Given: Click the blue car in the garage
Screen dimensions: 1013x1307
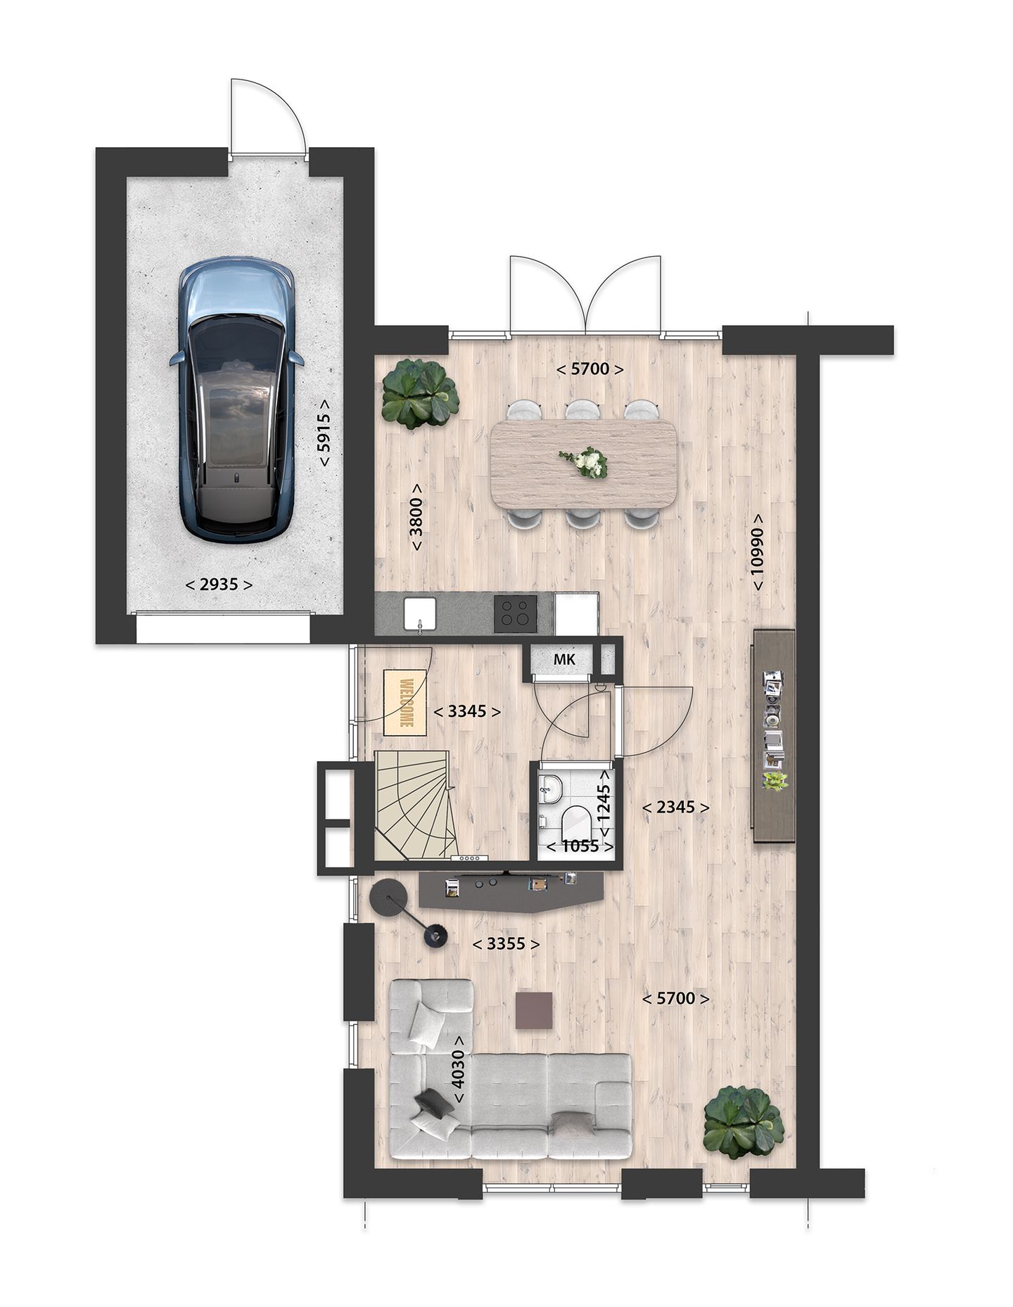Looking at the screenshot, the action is pyautogui.click(x=236, y=399).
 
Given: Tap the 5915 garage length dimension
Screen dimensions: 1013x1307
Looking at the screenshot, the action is pyautogui.click(x=324, y=432).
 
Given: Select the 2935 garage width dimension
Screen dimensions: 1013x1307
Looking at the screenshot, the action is pyautogui.click(x=219, y=585).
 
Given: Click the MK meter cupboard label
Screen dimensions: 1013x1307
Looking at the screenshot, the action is pyautogui.click(x=564, y=659).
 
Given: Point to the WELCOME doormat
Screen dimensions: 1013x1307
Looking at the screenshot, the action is pyautogui.click(x=406, y=702).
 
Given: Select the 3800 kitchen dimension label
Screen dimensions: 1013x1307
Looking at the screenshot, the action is pyautogui.click(x=416, y=517).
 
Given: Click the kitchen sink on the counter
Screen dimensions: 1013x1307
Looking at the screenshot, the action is pyautogui.click(x=421, y=613).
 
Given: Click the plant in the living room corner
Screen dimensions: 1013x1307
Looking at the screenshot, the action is pyautogui.click(x=744, y=1123).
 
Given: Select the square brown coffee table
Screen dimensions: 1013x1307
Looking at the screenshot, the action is pyautogui.click(x=534, y=1010).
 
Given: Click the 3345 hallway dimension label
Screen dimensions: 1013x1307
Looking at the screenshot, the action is pyautogui.click(x=467, y=711).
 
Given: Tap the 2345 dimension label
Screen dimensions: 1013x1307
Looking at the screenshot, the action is pyautogui.click(x=675, y=808).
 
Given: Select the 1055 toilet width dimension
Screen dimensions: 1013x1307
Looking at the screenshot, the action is pyautogui.click(x=580, y=846).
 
